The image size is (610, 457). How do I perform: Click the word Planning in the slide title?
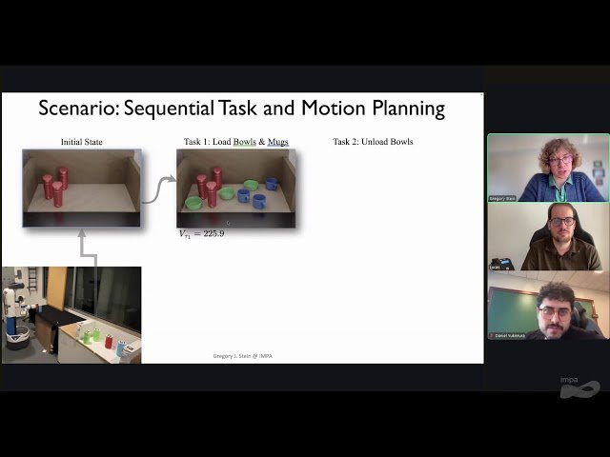[x=404, y=108]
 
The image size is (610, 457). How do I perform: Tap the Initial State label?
[x=81, y=142]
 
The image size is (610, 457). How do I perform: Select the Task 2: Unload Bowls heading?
[x=373, y=142]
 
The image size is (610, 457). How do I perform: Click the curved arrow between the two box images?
[x=157, y=189]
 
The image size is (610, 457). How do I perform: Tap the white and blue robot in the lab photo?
[x=16, y=314]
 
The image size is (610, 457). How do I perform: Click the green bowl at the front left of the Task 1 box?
[x=193, y=202]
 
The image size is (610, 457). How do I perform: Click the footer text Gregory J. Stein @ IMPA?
[x=243, y=356]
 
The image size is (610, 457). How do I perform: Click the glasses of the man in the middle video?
[x=562, y=221]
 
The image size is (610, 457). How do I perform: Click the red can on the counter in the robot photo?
[x=108, y=340]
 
